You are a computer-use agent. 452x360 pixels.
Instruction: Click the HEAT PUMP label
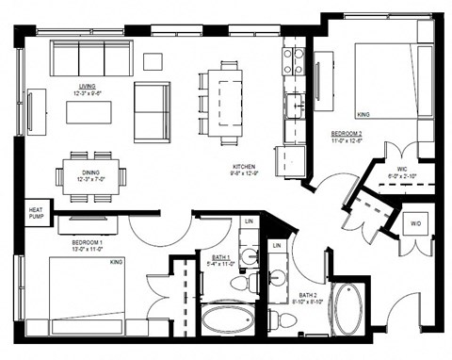point(36,214)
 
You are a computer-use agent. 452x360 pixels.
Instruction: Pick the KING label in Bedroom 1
point(118,261)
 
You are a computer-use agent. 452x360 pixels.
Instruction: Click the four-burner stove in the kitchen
point(294,60)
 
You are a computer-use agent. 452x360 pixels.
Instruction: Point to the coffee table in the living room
point(89,111)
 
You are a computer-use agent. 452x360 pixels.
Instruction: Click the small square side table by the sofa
point(153,62)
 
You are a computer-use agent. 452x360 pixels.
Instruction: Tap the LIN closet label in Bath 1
point(249,221)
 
